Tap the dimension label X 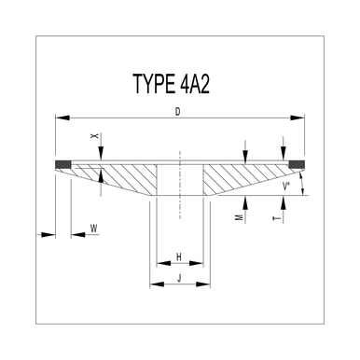click(94, 136)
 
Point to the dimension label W click(94, 227)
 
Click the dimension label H click(179, 256)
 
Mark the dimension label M click(241, 216)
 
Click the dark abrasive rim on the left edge click(64, 168)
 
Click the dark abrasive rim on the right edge click(298, 168)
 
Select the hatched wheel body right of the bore click(233, 177)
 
